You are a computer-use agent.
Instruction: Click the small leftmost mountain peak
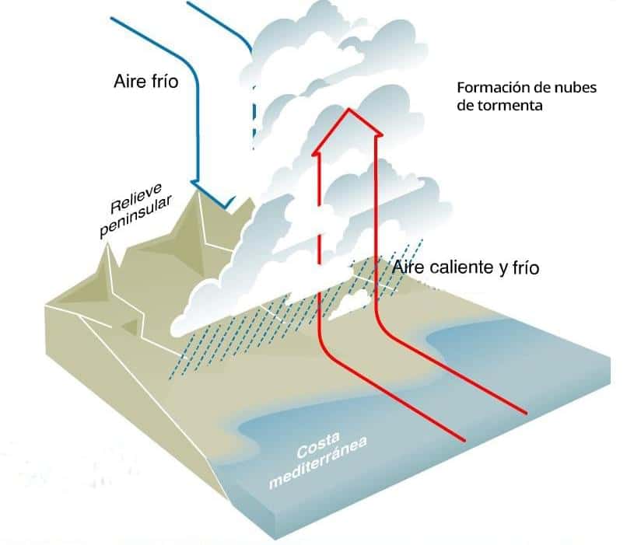105,249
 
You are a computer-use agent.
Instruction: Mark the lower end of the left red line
464,441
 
